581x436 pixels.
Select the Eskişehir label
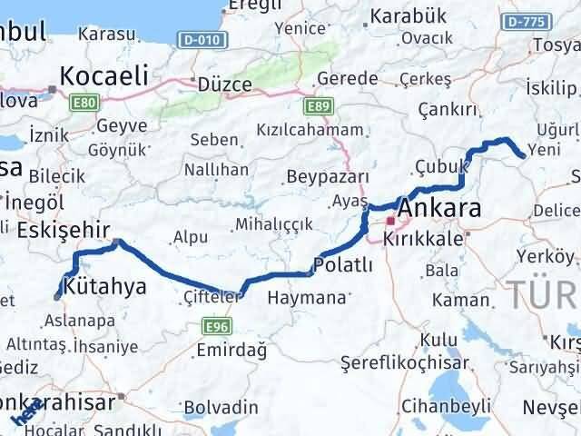(56, 229)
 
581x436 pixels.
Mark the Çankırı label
(448, 109)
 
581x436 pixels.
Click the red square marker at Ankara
(391, 221)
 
